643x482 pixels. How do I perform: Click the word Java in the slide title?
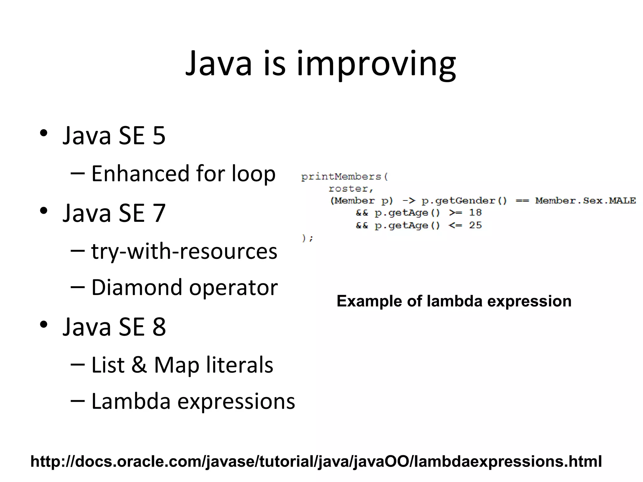click(x=219, y=64)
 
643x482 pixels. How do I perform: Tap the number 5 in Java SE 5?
click(x=159, y=136)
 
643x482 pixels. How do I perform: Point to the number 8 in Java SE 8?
click(x=159, y=327)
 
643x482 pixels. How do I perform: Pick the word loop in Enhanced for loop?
click(x=253, y=174)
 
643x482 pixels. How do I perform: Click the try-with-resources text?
click(x=184, y=252)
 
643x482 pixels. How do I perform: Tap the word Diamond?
click(x=137, y=287)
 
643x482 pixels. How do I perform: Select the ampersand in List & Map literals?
click(x=139, y=365)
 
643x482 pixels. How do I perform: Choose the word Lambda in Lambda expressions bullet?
click(x=131, y=401)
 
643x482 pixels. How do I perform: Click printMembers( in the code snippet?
click(x=344, y=177)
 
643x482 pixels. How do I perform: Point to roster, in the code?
click(x=351, y=189)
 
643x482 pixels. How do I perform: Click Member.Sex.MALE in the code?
click(x=585, y=201)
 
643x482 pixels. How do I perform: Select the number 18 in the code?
click(x=475, y=213)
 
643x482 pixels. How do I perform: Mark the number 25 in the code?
click(x=475, y=225)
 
